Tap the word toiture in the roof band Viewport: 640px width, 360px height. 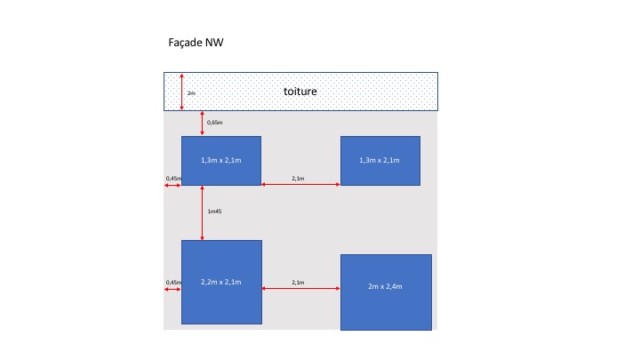(x=300, y=92)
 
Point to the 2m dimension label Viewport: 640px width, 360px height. (x=190, y=92)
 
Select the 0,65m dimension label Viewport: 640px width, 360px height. (x=214, y=122)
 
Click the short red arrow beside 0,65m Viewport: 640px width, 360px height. (x=203, y=123)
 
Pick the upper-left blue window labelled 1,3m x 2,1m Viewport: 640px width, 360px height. (x=220, y=160)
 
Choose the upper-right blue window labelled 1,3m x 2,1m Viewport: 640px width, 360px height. (x=380, y=160)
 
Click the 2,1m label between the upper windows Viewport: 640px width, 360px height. (x=298, y=179)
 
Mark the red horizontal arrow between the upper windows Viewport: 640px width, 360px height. (x=300, y=185)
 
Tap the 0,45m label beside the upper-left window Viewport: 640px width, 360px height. (x=173, y=179)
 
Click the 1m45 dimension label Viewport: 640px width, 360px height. (x=213, y=212)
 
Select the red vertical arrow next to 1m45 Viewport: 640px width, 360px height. (x=203, y=212)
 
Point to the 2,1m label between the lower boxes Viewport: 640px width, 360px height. (x=298, y=282)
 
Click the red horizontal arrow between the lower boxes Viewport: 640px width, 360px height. (x=300, y=288)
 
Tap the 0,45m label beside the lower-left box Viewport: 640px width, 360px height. (x=173, y=282)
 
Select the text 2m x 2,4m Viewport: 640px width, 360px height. (x=385, y=287)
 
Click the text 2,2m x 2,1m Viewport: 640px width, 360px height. (x=220, y=282)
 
